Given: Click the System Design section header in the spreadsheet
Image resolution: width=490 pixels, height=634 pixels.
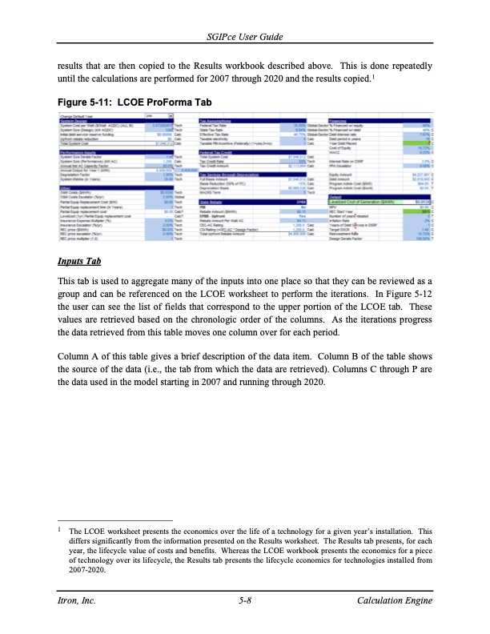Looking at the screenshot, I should (76, 122).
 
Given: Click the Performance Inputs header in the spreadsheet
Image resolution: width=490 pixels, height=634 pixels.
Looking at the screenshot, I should (79, 150).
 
